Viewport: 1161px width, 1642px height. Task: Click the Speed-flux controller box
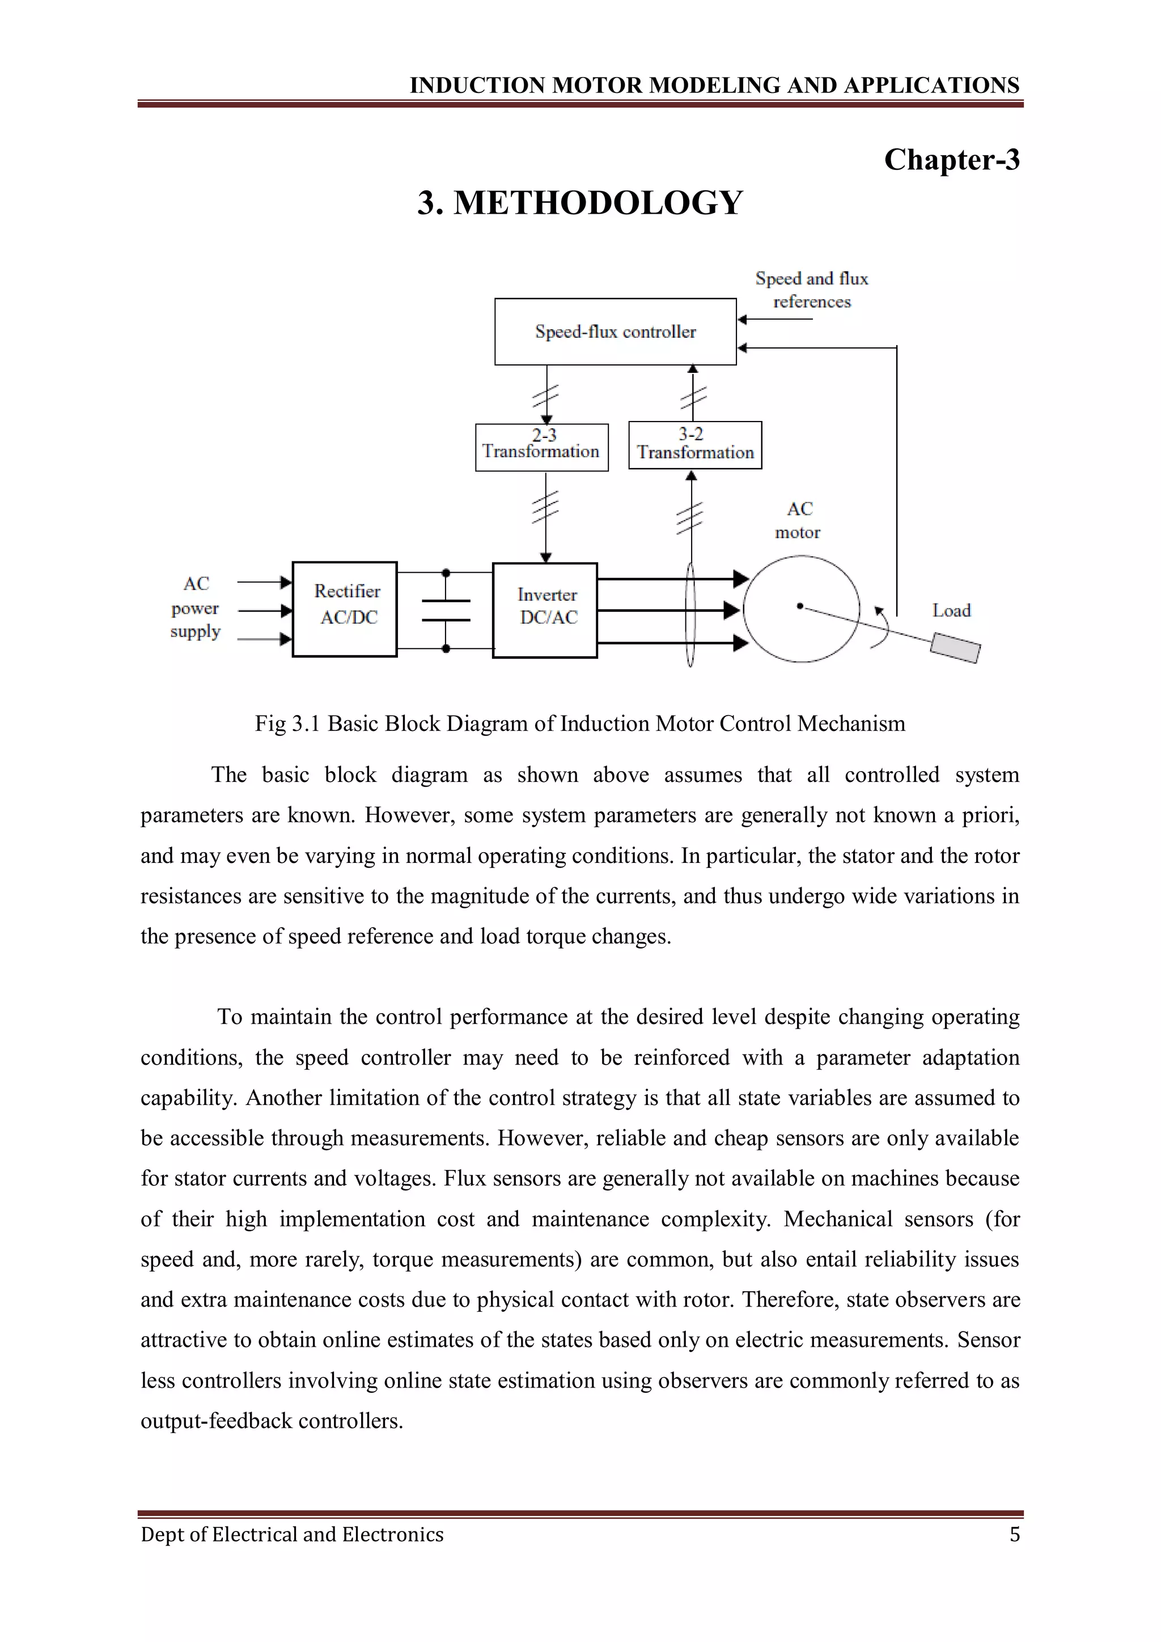point(615,332)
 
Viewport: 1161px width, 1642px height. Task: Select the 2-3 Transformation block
point(541,447)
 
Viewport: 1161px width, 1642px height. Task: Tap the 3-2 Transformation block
point(694,445)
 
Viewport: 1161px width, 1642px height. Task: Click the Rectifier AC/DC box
point(345,609)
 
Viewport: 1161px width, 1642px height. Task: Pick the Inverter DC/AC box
point(545,610)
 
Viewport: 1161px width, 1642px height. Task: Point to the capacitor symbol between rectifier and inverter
point(446,610)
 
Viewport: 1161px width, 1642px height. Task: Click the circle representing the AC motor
point(801,609)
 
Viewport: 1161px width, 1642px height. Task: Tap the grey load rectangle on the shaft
point(955,648)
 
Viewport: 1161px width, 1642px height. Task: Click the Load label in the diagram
point(951,610)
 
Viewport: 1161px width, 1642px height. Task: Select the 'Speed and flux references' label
point(811,290)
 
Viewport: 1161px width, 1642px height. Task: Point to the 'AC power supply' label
point(195,608)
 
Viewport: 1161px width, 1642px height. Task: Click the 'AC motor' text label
point(798,520)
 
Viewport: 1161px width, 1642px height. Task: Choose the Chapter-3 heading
point(951,159)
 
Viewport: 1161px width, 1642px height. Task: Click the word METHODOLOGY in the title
point(598,202)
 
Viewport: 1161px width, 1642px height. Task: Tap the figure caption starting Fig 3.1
point(579,723)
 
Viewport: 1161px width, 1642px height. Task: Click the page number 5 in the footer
point(1014,1534)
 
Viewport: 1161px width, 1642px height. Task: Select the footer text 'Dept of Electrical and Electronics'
point(292,1534)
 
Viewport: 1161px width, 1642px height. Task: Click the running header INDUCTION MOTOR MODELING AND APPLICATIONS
point(714,85)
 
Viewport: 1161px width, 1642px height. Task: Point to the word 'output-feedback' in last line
point(216,1420)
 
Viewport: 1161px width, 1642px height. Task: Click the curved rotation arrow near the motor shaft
point(883,628)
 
